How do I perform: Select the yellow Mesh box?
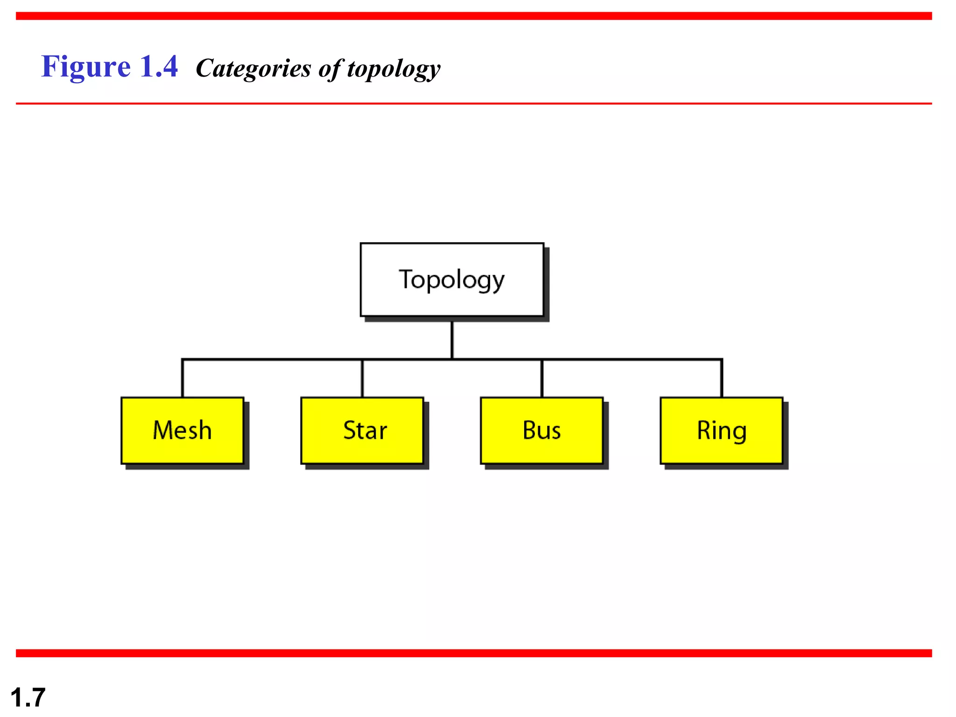point(182,430)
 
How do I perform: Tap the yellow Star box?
point(362,430)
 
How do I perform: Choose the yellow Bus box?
point(541,430)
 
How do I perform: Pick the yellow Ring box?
point(721,430)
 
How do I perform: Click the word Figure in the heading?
point(86,67)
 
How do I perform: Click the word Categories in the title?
point(253,69)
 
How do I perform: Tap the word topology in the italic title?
point(394,69)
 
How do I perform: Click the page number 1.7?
point(28,697)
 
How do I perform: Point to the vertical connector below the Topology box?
point(452,340)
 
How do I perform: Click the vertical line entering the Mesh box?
point(183,378)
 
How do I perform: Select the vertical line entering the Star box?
point(362,378)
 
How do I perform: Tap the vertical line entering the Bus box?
point(542,378)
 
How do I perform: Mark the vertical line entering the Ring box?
point(722,378)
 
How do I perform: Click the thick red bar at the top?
point(473,16)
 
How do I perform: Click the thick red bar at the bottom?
point(473,653)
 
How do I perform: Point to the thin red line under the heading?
point(473,103)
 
